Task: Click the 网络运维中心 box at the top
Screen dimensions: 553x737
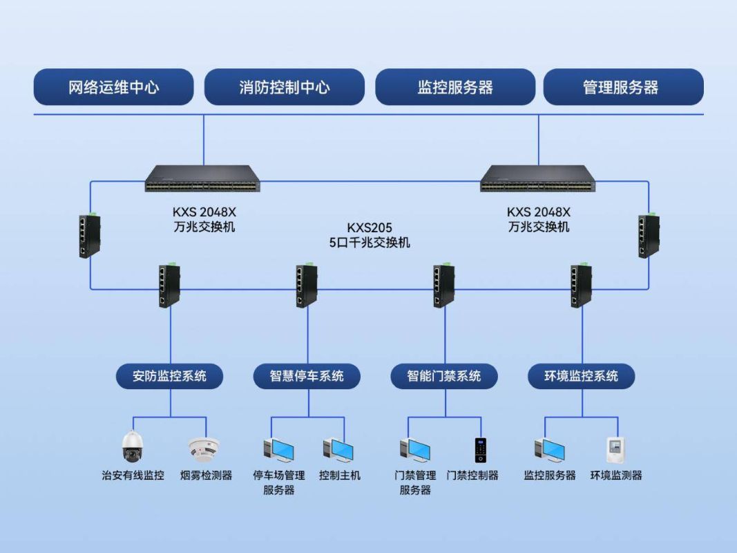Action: point(113,87)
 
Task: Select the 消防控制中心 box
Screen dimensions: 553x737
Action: point(284,87)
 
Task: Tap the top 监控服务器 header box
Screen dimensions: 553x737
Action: point(454,87)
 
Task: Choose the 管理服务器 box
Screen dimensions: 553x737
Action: point(623,87)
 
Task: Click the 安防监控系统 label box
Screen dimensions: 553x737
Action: point(170,376)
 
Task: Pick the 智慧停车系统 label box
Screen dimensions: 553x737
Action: point(307,376)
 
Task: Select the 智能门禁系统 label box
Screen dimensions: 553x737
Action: point(443,376)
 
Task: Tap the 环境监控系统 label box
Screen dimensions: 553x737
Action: point(581,376)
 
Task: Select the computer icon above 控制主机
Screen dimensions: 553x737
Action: point(338,450)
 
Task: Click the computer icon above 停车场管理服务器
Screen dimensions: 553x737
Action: point(278,450)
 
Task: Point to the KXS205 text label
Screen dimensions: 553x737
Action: point(369,227)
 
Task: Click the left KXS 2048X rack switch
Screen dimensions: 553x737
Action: point(202,178)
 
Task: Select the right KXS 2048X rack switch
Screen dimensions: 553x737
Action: point(538,178)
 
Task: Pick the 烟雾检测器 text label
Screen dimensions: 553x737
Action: point(206,476)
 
